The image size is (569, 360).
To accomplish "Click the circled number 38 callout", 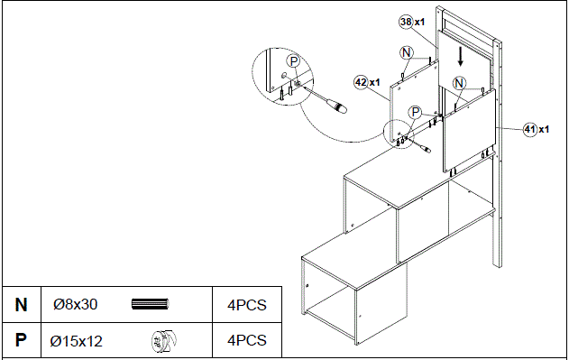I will [406, 21].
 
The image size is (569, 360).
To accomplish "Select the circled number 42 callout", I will [361, 82].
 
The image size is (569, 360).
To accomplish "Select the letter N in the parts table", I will [21, 305].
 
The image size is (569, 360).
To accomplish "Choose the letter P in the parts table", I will [21, 340].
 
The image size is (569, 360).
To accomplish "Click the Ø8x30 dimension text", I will [74, 305].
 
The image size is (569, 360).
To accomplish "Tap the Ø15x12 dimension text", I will [76, 340].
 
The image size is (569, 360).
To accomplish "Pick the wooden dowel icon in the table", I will [151, 305].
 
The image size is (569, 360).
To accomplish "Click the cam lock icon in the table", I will [162, 340].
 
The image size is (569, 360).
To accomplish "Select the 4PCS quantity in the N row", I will [246, 305].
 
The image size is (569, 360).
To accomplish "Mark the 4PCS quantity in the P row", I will [246, 340].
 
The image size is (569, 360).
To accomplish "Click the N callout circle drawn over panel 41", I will [459, 84].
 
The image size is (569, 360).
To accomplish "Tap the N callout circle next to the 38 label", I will [407, 52].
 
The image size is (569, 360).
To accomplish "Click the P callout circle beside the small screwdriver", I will [415, 112].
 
